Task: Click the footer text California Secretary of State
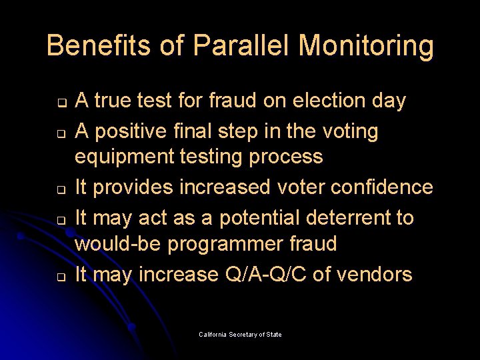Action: pyautogui.click(x=240, y=334)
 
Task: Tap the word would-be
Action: pyautogui.click(x=117, y=244)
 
